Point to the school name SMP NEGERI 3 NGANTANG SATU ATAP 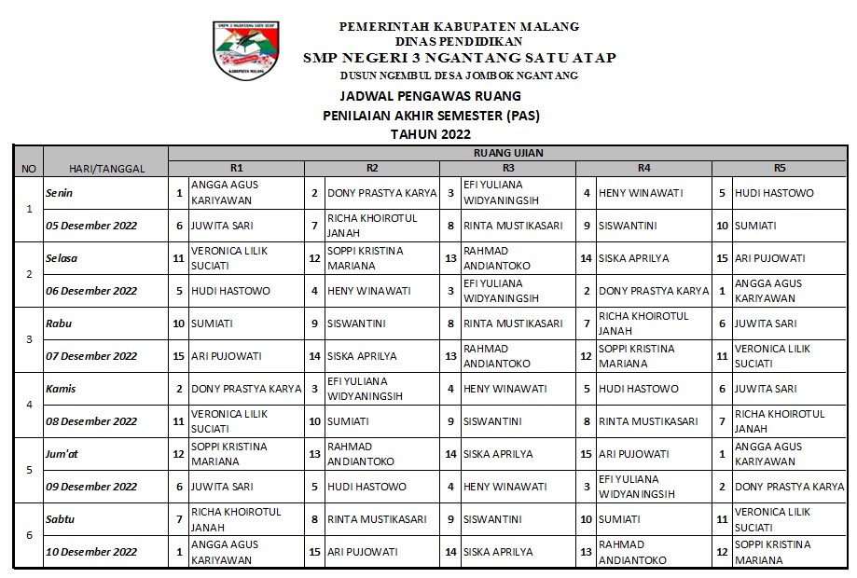click(459, 58)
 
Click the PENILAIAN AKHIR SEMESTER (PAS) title click(430, 116)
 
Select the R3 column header click(507, 169)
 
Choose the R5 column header click(780, 169)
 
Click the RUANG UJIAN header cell click(508, 153)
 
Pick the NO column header click(28, 169)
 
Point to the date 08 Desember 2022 click(91, 421)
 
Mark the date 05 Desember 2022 click(91, 226)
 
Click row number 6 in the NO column click(28, 535)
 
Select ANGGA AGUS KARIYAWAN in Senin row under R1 click(225, 193)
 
